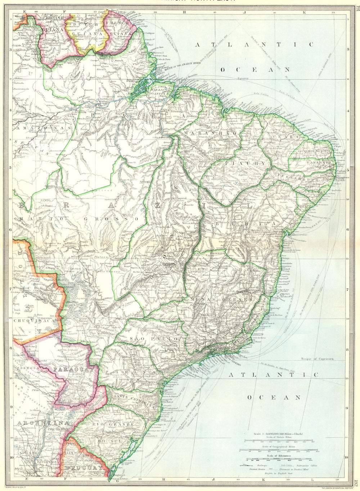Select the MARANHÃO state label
tap(211, 133)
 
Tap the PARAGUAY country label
tap(75, 369)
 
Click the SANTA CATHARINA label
tap(134, 401)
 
